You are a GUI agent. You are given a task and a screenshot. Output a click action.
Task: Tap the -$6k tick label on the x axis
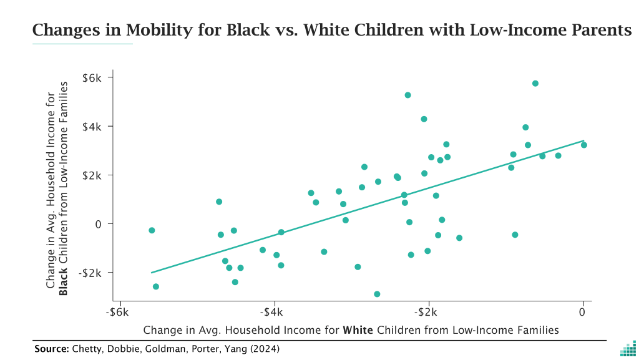point(117,312)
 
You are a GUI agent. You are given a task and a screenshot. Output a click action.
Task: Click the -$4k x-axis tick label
point(273,312)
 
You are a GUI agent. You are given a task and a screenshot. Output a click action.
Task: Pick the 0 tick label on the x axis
point(583,312)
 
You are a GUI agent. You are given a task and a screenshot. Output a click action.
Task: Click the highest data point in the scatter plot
point(535,84)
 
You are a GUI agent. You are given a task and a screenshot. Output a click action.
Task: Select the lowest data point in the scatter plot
point(377,294)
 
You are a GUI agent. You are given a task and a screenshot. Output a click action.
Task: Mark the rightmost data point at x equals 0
point(584,145)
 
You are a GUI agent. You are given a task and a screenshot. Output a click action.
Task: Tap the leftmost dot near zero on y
point(152,230)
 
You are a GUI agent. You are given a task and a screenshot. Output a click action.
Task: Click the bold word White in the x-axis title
point(358,329)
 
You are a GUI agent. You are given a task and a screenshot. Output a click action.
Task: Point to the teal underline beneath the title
point(82,44)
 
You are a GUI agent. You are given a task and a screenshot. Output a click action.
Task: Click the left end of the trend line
point(152,272)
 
